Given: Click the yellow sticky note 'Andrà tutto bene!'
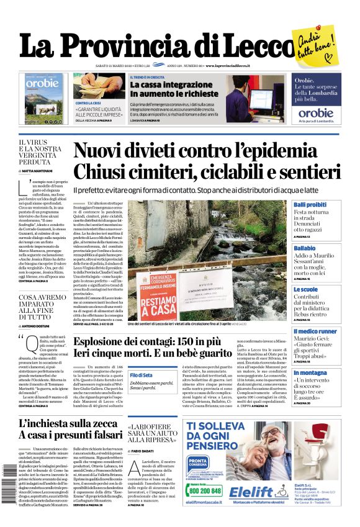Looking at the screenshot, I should [316, 43].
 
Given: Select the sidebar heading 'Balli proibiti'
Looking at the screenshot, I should [310, 204].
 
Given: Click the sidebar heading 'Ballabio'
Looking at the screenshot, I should [304, 248].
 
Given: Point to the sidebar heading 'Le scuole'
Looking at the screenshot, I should [305, 289].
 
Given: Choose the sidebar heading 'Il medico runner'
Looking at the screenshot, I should [315, 331].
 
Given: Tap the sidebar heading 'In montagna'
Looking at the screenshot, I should [310, 372].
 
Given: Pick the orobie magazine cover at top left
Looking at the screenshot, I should [45, 99].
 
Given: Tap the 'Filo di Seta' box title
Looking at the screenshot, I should [141, 375].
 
